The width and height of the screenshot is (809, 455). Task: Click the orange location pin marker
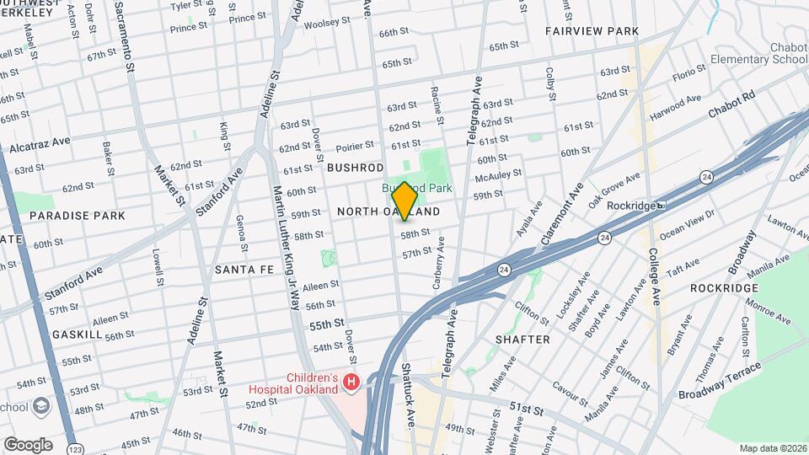pos(404,201)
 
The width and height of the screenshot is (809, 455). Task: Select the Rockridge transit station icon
pos(662,205)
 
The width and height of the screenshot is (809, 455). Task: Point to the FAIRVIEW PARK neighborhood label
pos(592,31)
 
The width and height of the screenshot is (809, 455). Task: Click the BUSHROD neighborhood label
pos(355,169)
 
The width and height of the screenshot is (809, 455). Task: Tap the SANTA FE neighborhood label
pos(244,270)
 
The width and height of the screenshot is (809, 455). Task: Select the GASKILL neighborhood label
pos(77,335)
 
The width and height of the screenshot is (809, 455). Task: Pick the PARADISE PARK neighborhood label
pos(77,216)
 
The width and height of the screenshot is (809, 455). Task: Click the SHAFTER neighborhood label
pos(522,340)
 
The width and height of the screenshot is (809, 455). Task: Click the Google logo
pos(27,444)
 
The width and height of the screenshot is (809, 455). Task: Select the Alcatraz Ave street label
pos(40,147)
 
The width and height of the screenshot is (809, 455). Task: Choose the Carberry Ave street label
pos(438,268)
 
